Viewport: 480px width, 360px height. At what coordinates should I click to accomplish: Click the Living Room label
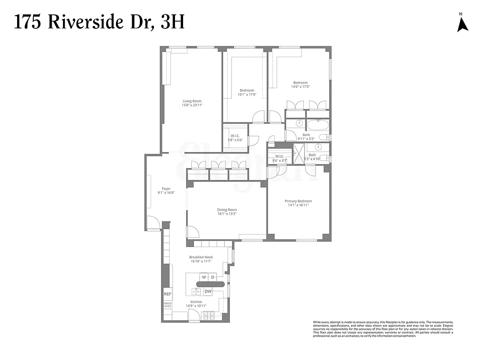(192, 101)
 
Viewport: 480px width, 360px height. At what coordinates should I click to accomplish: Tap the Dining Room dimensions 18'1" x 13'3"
(227, 214)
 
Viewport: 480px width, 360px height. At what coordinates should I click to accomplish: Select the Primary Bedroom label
(298, 201)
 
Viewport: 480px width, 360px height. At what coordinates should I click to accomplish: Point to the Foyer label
(166, 189)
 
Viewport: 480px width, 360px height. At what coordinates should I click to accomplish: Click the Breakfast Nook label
(201, 257)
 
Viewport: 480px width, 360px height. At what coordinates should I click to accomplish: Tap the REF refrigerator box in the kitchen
(167, 294)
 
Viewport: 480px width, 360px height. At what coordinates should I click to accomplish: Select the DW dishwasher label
(208, 291)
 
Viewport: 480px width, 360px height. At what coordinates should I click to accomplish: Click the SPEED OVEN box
(167, 305)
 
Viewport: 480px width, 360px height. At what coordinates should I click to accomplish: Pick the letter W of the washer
(204, 277)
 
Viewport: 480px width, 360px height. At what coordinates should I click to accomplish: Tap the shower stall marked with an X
(298, 153)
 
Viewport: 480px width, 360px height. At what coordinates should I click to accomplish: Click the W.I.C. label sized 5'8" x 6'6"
(235, 135)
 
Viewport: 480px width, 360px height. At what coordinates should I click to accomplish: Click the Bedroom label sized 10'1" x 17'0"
(247, 90)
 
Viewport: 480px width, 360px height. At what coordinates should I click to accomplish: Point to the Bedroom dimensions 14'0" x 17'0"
(301, 86)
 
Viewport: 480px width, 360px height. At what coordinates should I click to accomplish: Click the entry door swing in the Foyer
(153, 223)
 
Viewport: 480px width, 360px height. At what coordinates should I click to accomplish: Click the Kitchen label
(196, 301)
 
